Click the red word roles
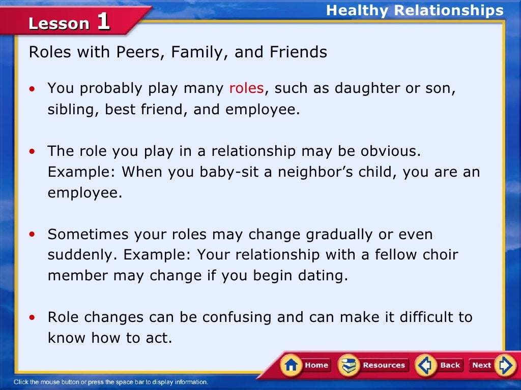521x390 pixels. (x=246, y=88)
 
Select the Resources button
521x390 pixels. (x=373, y=365)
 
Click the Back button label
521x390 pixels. (x=450, y=365)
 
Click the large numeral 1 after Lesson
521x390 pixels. (x=103, y=22)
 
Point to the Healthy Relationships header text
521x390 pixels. (x=415, y=10)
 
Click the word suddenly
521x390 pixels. (x=83, y=254)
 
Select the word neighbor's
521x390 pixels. (x=321, y=172)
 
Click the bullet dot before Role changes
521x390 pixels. (x=33, y=318)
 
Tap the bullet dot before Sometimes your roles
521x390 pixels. (x=33, y=235)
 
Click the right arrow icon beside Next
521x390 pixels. (x=505, y=365)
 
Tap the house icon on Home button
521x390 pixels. (x=292, y=365)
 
